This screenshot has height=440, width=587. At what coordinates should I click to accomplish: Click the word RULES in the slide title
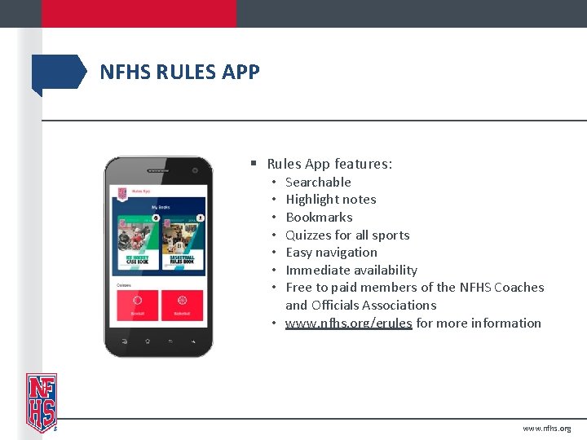pyautogui.click(x=182, y=73)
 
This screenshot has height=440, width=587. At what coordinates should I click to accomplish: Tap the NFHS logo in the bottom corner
pyautogui.click(x=42, y=402)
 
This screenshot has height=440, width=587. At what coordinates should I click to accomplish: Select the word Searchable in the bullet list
pyautogui.click(x=318, y=182)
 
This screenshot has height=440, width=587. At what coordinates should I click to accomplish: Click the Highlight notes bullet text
pyautogui.click(x=330, y=200)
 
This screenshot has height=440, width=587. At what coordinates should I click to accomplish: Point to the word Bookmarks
pyautogui.click(x=319, y=218)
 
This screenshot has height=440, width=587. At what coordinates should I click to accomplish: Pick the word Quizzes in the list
pyautogui.click(x=310, y=235)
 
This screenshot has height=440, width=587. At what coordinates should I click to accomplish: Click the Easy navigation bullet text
pyautogui.click(x=331, y=253)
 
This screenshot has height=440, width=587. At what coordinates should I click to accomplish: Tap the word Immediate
pyautogui.click(x=316, y=270)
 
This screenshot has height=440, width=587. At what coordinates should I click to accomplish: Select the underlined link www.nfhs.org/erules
pyautogui.click(x=348, y=323)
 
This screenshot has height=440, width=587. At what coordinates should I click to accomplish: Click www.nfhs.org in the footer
pyautogui.click(x=547, y=428)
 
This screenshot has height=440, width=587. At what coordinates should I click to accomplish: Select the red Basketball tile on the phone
pyautogui.click(x=182, y=304)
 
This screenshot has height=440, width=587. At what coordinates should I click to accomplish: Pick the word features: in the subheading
pyautogui.click(x=363, y=164)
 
